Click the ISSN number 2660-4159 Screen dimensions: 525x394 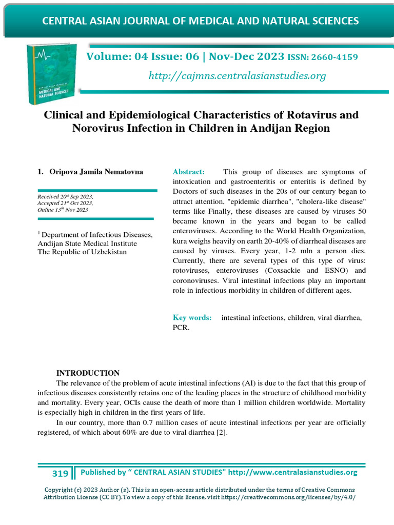[334, 57]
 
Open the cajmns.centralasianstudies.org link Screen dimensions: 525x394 [237, 76]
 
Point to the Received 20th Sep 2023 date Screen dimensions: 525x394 [65, 197]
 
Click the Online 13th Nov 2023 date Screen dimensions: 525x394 [63, 210]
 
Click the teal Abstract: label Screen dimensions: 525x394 [189, 171]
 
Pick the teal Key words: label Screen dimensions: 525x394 [192, 317]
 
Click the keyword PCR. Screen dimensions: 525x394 [181, 327]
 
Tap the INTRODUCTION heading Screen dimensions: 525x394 [88, 373]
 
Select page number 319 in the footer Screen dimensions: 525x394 [60, 473]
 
